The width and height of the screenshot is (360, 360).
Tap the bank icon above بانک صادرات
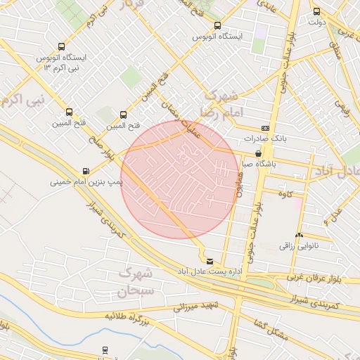click(265, 128)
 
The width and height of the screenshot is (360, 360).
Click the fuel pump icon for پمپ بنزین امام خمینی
click(86, 171)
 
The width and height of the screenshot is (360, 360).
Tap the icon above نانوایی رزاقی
click(300, 236)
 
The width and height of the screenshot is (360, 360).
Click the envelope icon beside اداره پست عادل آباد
click(209, 262)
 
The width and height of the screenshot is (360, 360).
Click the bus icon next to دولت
click(316, 11)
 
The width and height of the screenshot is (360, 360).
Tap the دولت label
click(317, 22)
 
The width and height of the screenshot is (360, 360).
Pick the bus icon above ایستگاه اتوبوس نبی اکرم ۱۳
click(62, 46)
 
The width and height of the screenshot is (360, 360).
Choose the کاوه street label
click(285, 193)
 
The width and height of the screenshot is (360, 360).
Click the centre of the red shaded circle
click(180, 180)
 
